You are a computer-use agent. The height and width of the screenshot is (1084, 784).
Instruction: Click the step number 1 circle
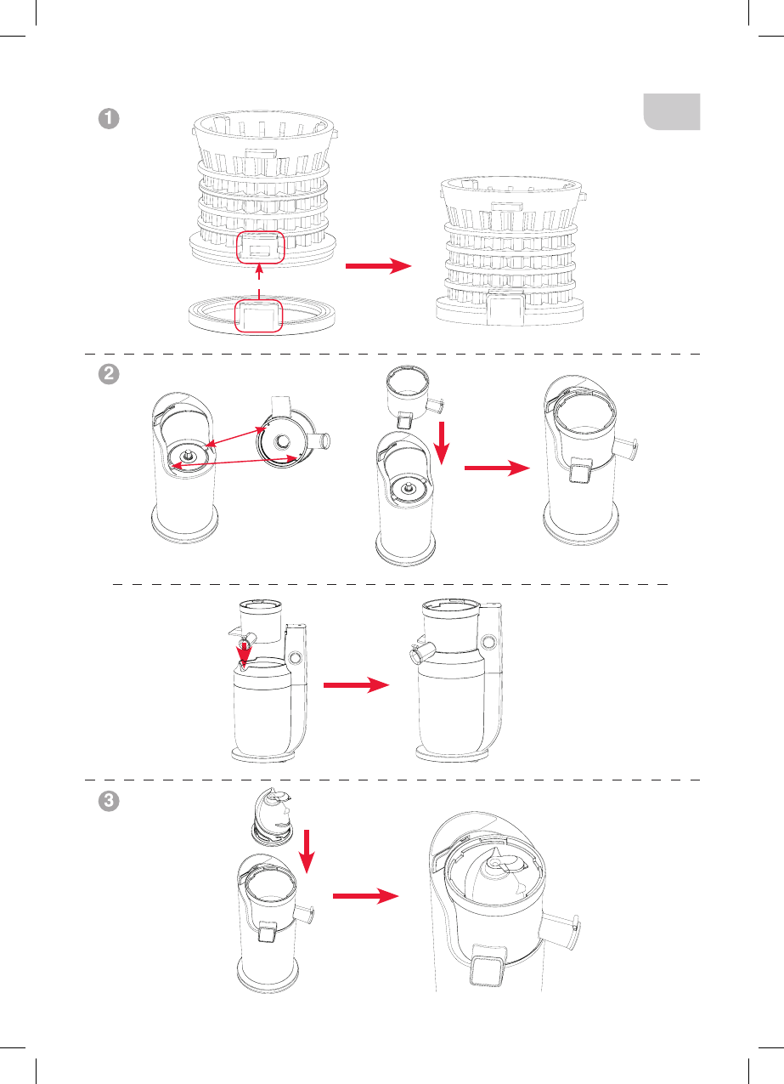coord(109,118)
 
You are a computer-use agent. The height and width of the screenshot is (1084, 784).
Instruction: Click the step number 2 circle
coord(109,374)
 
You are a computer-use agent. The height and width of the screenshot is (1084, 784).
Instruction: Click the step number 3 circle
coord(109,800)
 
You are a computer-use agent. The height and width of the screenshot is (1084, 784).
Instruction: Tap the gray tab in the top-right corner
coord(672,111)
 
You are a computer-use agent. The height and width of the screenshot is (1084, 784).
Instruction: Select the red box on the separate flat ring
coord(258,316)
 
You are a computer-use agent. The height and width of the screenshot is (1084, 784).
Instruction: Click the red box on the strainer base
coord(261,247)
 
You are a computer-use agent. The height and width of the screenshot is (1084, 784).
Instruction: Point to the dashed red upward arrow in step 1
coord(259,281)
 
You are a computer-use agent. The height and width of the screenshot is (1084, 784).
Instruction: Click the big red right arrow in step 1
coord(379,265)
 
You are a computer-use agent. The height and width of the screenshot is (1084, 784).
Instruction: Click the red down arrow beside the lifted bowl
coord(442,443)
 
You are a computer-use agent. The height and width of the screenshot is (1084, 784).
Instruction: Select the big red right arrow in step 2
coord(497,468)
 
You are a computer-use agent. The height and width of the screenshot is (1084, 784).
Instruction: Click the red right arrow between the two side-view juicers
coord(356,684)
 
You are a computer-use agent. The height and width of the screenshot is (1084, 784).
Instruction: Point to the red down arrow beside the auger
coord(307,852)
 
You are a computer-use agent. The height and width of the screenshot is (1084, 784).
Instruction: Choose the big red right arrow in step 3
coord(366,896)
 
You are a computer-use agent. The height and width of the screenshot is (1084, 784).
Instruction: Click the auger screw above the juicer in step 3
coord(273,816)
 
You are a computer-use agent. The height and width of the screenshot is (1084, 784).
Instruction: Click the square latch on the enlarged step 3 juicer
coord(488,971)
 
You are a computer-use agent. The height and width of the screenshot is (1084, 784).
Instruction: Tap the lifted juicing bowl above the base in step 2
coord(415,397)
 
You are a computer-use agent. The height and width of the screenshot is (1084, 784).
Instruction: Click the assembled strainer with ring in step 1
coord(511,251)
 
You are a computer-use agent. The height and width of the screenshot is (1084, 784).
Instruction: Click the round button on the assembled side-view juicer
coord(488,642)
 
